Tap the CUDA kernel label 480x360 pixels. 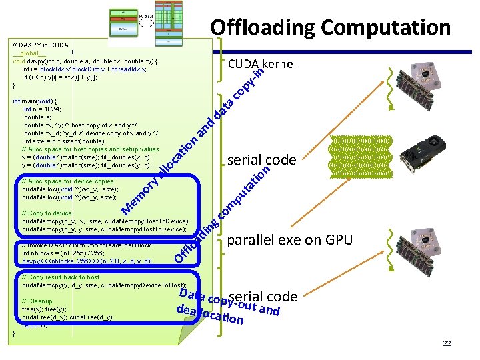coord(262,64)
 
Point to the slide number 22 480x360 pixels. coord(447,343)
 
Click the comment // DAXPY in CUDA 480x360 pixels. coord(40,45)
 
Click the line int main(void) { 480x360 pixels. coord(39,101)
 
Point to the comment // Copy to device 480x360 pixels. coord(47,213)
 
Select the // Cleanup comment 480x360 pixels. coord(37,301)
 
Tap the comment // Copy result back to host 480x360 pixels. coord(61,277)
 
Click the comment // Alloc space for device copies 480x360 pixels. coord(67,181)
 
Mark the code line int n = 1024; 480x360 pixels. coord(43,109)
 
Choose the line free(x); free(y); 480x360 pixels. coord(44,309)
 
